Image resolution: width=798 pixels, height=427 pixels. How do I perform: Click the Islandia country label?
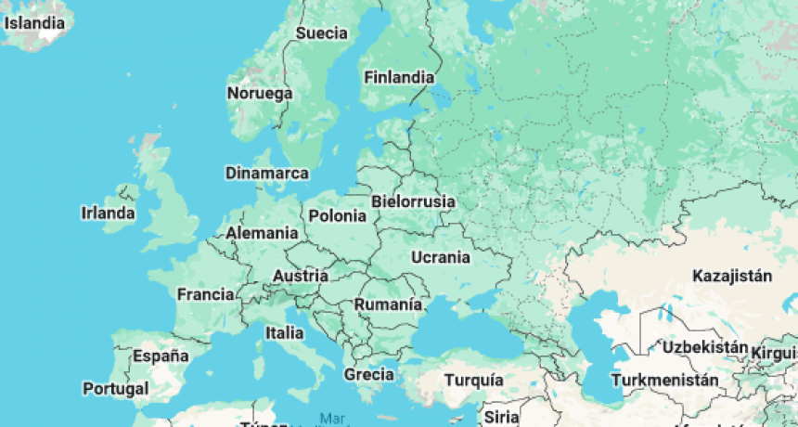click(x=35, y=21)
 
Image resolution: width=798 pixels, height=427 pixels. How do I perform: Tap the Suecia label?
click(x=321, y=33)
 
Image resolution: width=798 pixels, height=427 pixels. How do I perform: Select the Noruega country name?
click(x=259, y=94)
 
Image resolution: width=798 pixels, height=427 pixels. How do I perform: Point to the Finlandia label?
click(x=399, y=78)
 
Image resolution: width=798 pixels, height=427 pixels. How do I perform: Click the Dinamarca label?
click(x=267, y=174)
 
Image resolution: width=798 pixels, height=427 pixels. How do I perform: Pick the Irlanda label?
click(x=108, y=213)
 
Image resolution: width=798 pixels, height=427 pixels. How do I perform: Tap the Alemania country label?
click(x=262, y=233)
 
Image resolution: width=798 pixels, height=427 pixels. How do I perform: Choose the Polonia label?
click(x=338, y=216)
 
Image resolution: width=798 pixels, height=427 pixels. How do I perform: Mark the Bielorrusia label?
click(x=413, y=201)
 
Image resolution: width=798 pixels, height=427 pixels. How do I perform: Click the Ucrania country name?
click(x=440, y=256)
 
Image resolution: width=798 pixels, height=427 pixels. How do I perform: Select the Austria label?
click(x=300, y=276)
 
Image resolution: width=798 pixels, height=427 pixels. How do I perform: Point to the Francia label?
click(x=205, y=294)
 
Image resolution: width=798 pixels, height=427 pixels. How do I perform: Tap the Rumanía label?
click(x=388, y=304)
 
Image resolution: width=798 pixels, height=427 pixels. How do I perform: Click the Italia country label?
click(x=284, y=332)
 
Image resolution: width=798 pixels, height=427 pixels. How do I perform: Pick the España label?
click(x=161, y=356)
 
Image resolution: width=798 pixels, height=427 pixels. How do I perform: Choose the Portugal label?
click(x=115, y=388)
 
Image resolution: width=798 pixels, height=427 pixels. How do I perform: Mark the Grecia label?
click(x=368, y=375)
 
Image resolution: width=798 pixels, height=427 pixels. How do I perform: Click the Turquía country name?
click(x=473, y=381)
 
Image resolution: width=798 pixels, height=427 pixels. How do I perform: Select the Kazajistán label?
click(x=732, y=276)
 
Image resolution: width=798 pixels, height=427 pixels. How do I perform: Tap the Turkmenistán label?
click(x=664, y=381)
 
